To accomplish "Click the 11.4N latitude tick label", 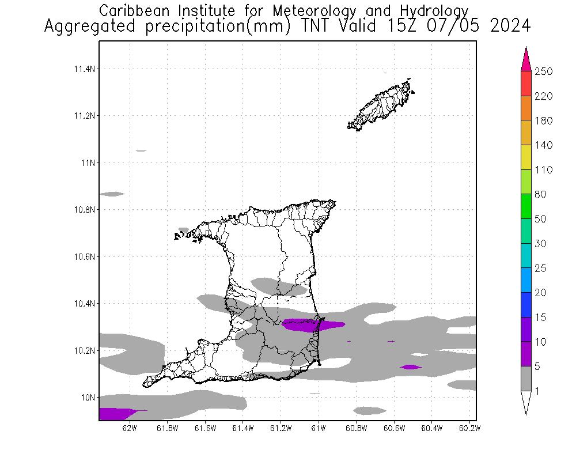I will [84, 69].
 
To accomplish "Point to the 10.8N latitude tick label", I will [84, 210].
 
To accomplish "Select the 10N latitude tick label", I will [87, 397].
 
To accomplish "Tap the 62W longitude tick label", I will [130, 428].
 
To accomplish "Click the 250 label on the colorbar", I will [544, 71].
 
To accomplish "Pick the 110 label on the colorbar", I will [544, 170].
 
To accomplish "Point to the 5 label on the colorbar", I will [540, 366].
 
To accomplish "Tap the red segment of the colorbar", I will [526, 84].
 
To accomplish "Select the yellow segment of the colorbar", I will [526, 157].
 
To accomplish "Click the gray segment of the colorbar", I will [526, 379].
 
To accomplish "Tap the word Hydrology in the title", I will [436, 11].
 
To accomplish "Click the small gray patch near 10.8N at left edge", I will [112, 194].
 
